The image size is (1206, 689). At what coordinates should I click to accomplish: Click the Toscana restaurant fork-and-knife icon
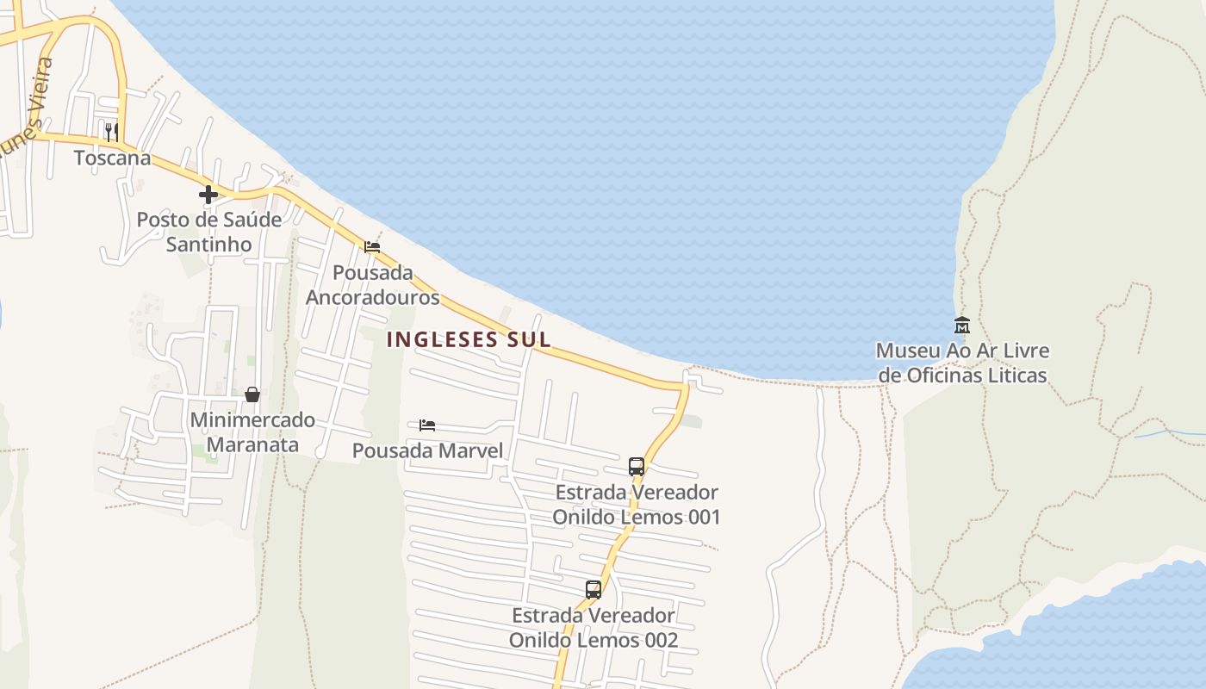[x=112, y=132]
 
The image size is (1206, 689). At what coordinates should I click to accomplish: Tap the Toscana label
[x=112, y=158]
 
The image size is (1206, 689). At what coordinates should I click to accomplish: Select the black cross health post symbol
[x=208, y=195]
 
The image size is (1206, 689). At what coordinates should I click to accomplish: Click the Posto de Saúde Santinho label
[x=209, y=232]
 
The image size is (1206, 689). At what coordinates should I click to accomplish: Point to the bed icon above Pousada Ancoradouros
[x=372, y=247]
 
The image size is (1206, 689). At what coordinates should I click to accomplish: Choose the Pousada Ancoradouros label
[x=372, y=285]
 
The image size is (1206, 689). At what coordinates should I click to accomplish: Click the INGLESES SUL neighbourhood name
[x=469, y=339]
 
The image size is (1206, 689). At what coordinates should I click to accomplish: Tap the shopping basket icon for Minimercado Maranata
[x=252, y=394]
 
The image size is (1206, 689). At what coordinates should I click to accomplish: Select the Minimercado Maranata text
[x=252, y=432]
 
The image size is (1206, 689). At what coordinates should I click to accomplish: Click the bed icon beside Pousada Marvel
[x=427, y=425]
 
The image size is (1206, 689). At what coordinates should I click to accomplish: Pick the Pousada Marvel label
[x=427, y=450]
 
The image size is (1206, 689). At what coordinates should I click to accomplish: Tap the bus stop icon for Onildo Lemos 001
[x=637, y=467]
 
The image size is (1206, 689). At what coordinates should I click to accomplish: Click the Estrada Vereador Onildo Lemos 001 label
[x=637, y=505]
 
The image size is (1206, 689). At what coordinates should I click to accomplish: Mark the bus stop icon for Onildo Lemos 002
[x=594, y=590]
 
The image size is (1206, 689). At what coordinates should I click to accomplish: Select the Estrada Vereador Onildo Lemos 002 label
[x=594, y=628]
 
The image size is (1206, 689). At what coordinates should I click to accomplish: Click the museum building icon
[x=962, y=325]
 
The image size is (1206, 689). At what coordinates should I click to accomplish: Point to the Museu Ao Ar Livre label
[x=962, y=363]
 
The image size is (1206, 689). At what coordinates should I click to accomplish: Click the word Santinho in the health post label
[x=209, y=245]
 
